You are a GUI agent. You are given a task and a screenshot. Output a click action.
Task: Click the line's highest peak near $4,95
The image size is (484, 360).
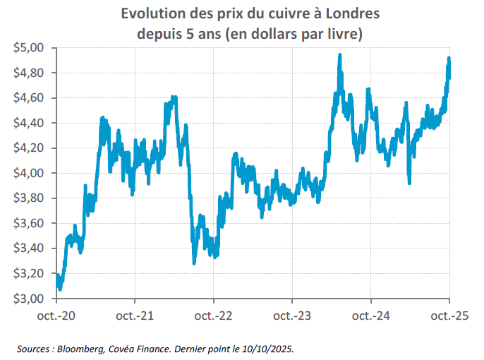(x=340, y=55)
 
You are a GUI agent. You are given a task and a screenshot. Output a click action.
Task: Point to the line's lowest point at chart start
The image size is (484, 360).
(x=60, y=288)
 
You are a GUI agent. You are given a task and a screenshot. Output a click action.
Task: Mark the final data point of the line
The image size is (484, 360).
(x=449, y=69)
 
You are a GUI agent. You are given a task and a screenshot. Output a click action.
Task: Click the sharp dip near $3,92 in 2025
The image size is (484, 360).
(x=409, y=183)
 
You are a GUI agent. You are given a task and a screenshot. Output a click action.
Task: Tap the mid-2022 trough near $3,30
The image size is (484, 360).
(x=194, y=262)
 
